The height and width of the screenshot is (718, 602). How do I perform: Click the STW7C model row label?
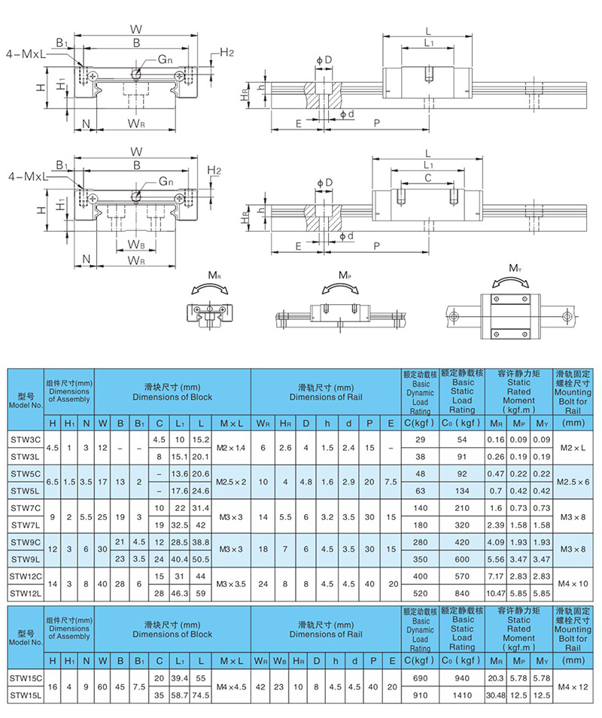point(25,509)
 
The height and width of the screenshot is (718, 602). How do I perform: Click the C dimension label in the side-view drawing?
point(427,178)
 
